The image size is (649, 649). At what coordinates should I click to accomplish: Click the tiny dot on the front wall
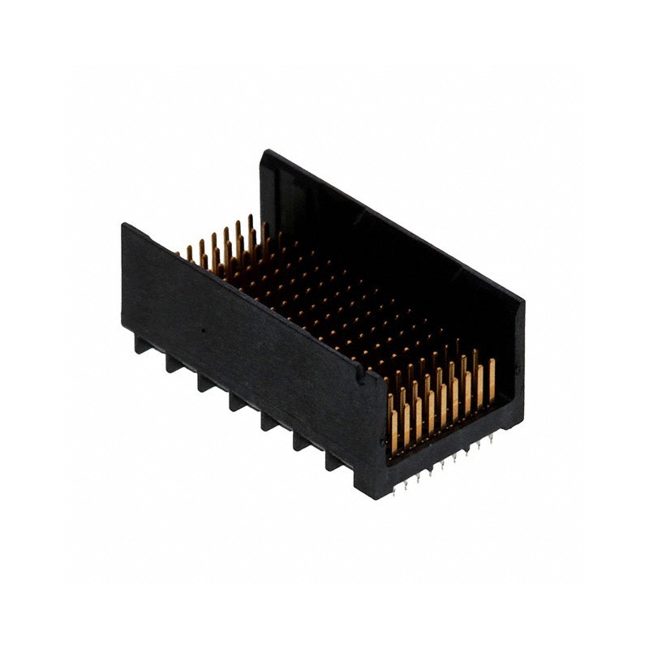[202, 332]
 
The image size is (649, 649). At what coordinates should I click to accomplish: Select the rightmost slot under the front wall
[333, 461]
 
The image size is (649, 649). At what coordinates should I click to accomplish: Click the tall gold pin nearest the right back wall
[492, 381]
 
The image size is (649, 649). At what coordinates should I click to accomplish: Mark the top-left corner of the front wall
[124, 225]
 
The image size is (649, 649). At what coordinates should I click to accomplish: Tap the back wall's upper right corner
[522, 302]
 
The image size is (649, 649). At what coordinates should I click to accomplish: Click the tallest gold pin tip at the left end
[249, 218]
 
